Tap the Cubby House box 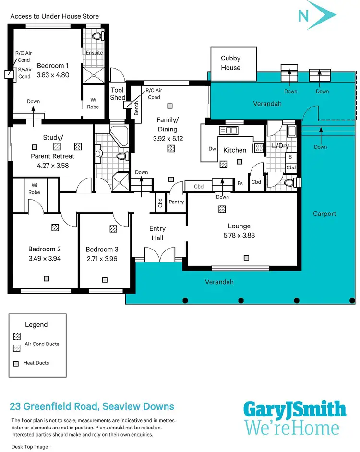pyautogui.click(x=230, y=63)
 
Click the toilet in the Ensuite pyautogui.click(x=96, y=36)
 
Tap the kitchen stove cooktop pyautogui.click(x=258, y=148)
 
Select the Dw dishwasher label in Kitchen pyautogui.click(x=212, y=149)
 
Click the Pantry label pyautogui.click(x=176, y=202)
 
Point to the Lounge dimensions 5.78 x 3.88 pyautogui.click(x=239, y=235)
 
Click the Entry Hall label pyautogui.click(x=157, y=233)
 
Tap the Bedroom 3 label pyautogui.click(x=102, y=250)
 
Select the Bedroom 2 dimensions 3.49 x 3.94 pyautogui.click(x=45, y=258)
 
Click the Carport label pyautogui.click(x=324, y=214)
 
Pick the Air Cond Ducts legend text pyautogui.click(x=42, y=344)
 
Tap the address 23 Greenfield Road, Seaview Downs pyautogui.click(x=92, y=406)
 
